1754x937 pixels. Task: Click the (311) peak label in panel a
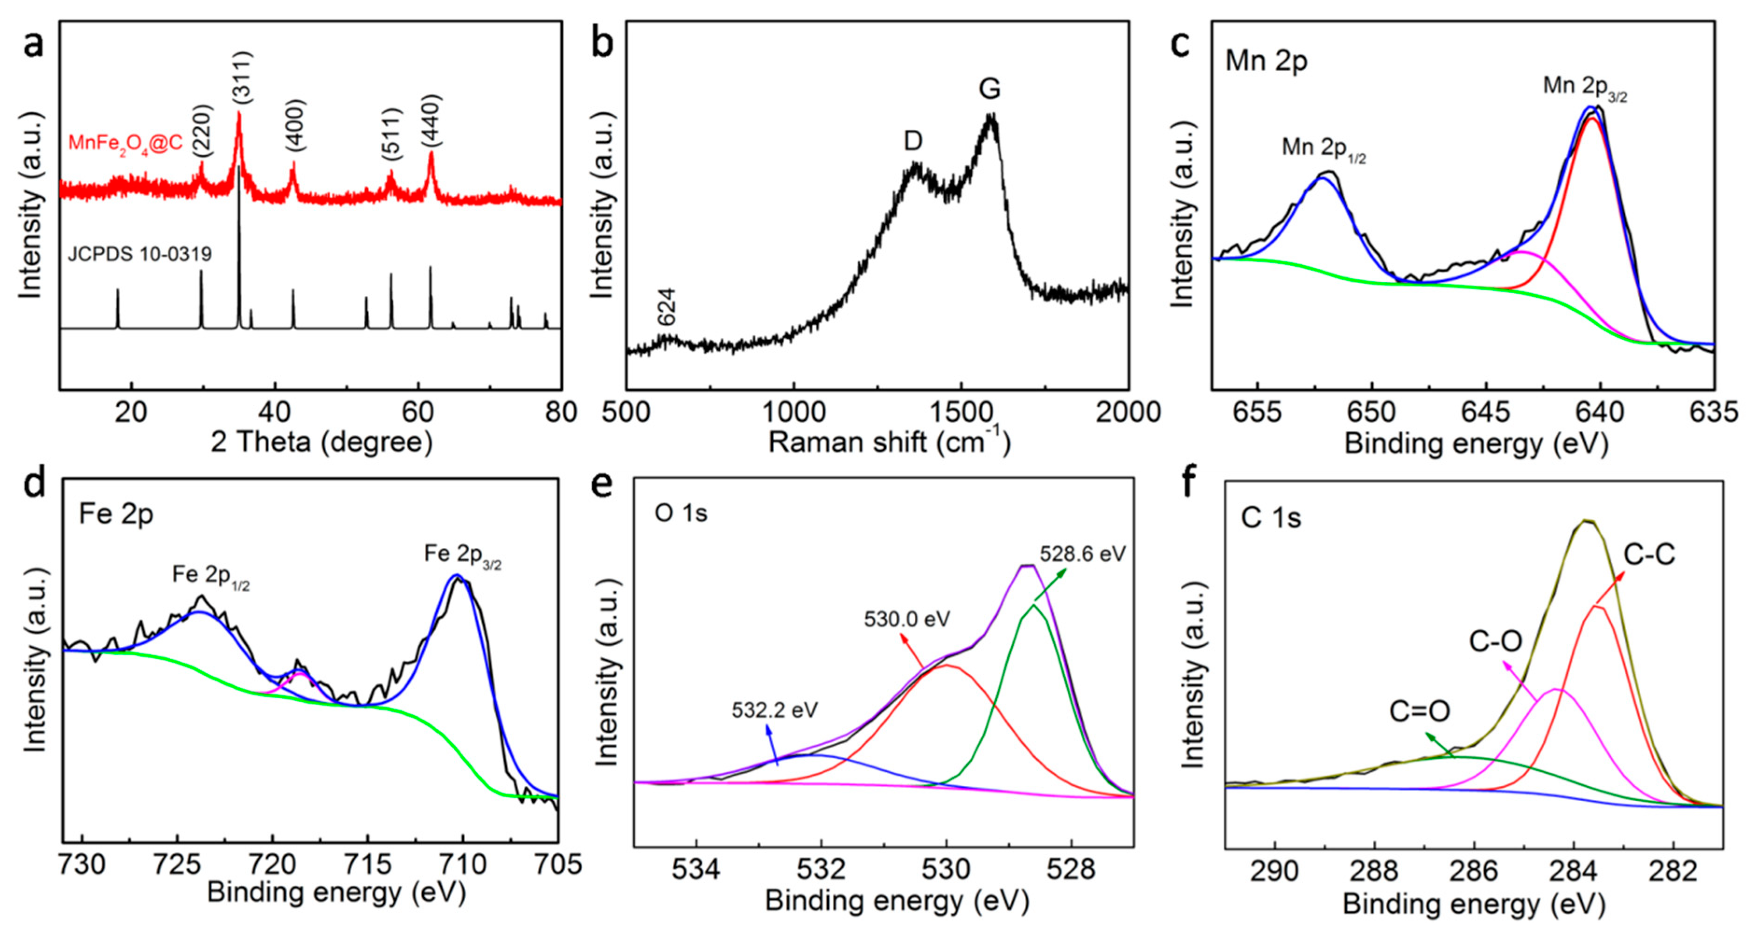242,77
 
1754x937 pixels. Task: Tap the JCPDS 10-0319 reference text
139,254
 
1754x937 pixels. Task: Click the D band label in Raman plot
912,141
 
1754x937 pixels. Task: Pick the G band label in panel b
989,89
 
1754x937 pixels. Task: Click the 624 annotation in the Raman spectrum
667,307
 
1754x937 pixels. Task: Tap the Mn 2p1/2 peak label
1323,148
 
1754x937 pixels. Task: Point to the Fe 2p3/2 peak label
462,554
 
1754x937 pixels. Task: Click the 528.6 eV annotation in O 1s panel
1082,553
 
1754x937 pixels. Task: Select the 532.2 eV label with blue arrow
774,710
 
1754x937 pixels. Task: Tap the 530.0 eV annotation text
906,619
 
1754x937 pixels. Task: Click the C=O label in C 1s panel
1419,712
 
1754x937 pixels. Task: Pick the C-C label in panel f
1649,555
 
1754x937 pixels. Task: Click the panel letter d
34,483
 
